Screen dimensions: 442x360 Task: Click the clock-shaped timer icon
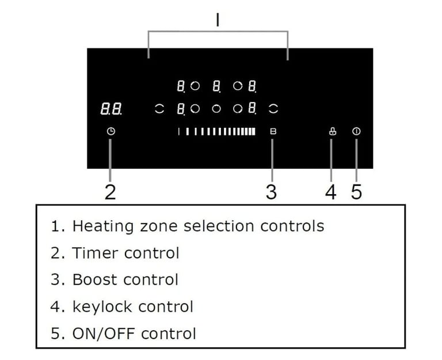pyautogui.click(x=111, y=131)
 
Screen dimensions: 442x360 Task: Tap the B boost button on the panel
pyautogui.click(x=273, y=131)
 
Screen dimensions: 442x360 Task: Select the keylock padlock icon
pyautogui.click(x=333, y=131)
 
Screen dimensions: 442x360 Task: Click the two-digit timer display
pyautogui.click(x=111, y=109)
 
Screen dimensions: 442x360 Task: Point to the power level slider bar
pyautogui.click(x=217, y=131)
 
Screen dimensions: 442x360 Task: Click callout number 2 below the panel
pyautogui.click(x=110, y=192)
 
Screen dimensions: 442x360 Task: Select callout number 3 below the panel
pyautogui.click(x=271, y=192)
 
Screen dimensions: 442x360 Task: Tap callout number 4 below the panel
pyautogui.click(x=331, y=192)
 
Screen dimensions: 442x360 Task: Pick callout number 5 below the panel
pyautogui.click(x=356, y=192)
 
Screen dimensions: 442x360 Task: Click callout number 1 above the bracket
pyautogui.click(x=218, y=20)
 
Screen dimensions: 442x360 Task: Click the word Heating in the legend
pyautogui.click(x=103, y=226)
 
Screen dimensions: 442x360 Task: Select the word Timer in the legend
pyautogui.click(x=95, y=253)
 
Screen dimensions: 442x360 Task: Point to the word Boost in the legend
pyautogui.click(x=95, y=279)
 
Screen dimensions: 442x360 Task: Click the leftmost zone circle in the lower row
pyautogui.click(x=159, y=109)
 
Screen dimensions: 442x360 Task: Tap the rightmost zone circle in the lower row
pyautogui.click(x=273, y=109)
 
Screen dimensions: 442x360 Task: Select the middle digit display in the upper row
pyautogui.click(x=216, y=86)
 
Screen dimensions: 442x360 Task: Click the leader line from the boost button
pyautogui.click(x=272, y=160)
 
